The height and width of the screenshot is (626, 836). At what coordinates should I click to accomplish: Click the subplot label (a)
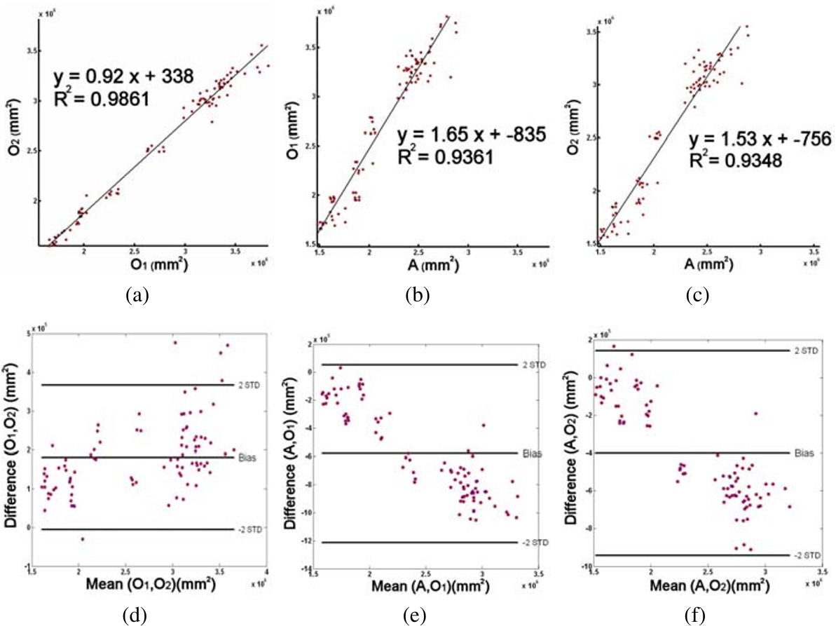136,296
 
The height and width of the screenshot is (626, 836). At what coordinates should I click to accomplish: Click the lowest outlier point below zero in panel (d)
82,539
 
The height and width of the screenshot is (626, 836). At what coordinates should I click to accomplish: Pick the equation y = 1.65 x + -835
462,135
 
